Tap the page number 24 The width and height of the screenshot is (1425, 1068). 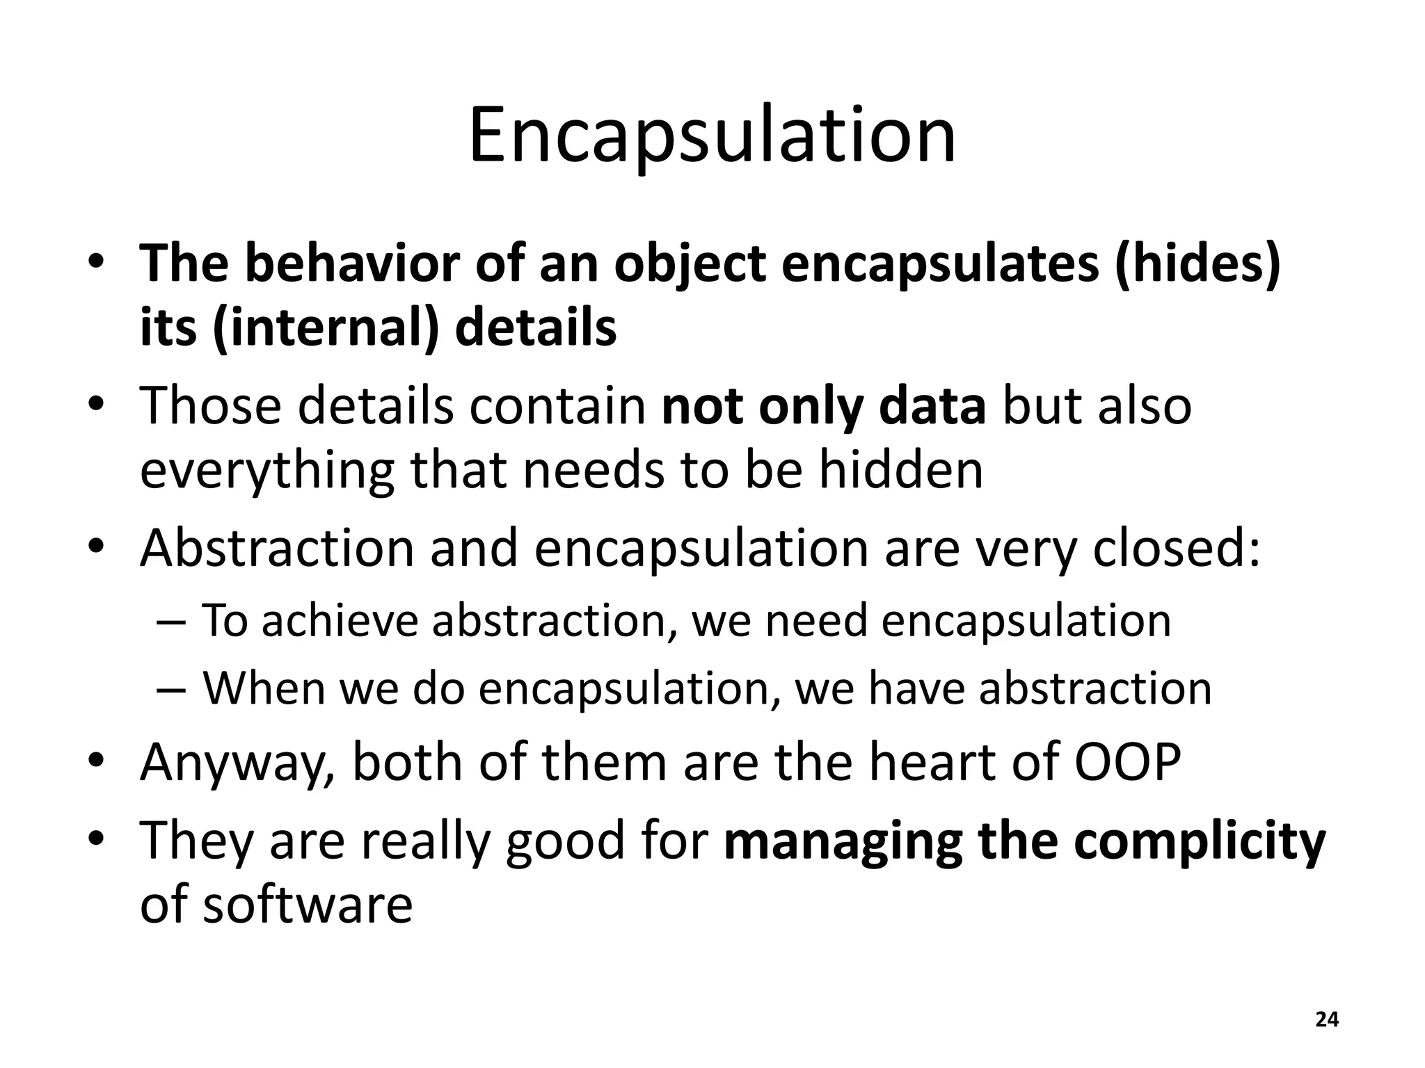[1327, 1020]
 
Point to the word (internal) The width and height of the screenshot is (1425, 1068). [326, 327]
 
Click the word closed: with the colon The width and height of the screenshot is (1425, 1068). [1177, 548]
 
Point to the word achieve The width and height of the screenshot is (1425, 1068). [340, 620]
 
